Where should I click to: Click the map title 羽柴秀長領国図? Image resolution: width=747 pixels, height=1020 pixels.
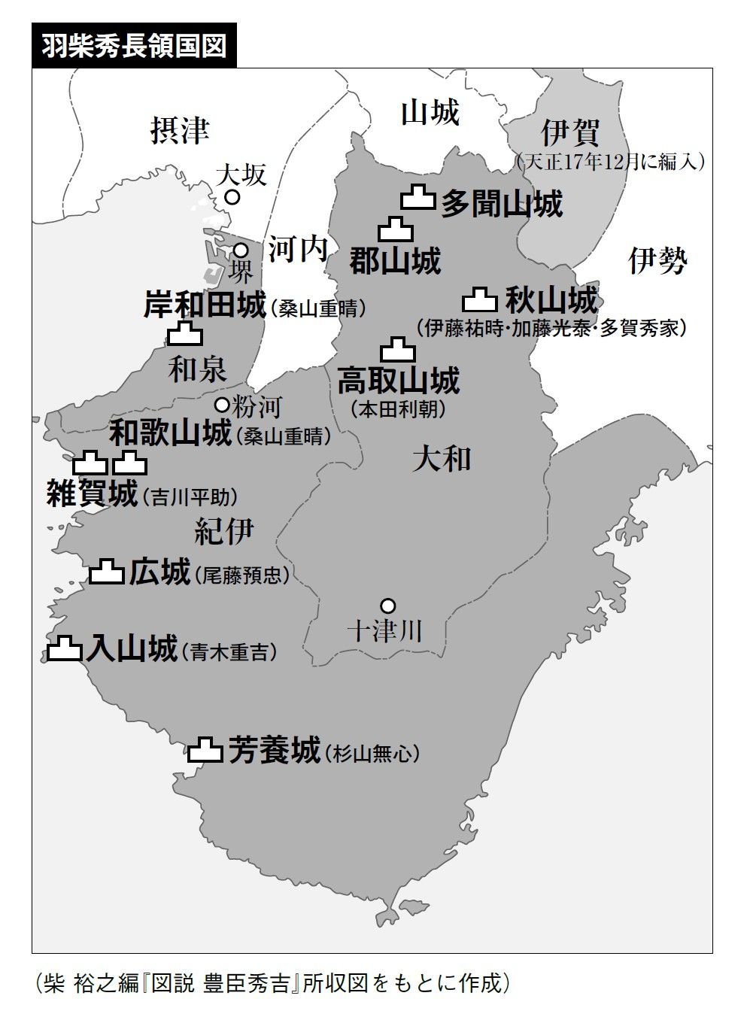[x=134, y=47]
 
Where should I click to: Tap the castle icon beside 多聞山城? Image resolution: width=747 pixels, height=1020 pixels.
[x=418, y=198]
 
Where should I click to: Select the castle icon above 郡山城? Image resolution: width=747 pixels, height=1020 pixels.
[x=395, y=228]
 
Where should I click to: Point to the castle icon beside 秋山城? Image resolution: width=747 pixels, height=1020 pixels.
[x=480, y=300]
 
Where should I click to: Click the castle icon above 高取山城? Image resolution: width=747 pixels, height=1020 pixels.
[x=398, y=350]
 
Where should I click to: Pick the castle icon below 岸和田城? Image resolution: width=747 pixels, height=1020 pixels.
[x=184, y=333]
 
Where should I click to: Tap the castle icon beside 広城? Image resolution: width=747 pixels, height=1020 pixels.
[x=107, y=572]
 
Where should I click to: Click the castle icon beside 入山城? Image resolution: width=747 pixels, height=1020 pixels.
[x=65, y=648]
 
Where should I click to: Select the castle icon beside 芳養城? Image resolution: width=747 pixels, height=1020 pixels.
[x=205, y=750]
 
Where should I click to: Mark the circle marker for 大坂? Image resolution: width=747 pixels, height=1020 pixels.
[x=232, y=197]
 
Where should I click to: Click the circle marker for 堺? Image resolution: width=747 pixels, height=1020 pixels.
[x=241, y=250]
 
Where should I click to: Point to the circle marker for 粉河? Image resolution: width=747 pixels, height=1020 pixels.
[x=222, y=405]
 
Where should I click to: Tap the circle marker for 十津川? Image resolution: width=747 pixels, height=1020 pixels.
[x=387, y=605]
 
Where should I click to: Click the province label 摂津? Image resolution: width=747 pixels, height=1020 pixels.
[x=179, y=131]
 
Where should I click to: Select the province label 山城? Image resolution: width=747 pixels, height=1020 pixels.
[x=429, y=113]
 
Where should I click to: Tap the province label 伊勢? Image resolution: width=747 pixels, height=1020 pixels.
[x=657, y=261]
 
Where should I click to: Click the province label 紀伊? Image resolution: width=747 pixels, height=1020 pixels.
[x=223, y=531]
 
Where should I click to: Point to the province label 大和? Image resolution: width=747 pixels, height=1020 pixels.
[x=442, y=459]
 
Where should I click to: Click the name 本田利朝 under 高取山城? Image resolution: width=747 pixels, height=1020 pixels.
[x=398, y=409]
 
